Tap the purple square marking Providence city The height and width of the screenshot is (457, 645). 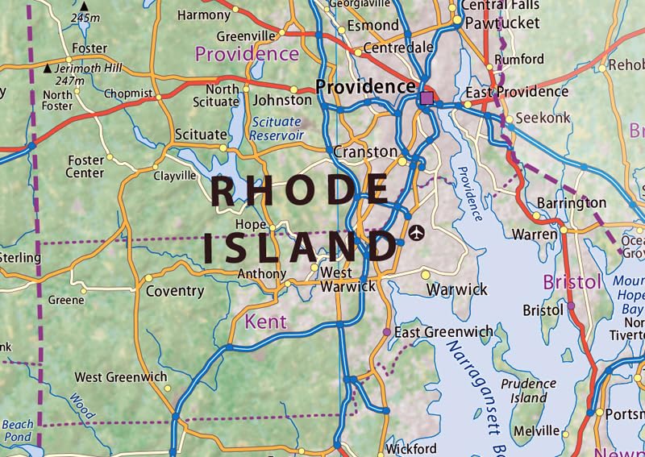pyautogui.click(x=427, y=98)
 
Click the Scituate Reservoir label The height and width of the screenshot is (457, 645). pyautogui.click(x=276, y=128)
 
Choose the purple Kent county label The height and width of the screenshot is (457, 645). pyautogui.click(x=265, y=322)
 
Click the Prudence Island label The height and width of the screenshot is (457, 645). pyautogui.click(x=523, y=391)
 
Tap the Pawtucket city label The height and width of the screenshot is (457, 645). pyautogui.click(x=502, y=23)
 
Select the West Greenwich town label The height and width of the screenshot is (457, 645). pyautogui.click(x=121, y=376)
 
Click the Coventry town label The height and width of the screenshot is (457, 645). pyautogui.click(x=174, y=291)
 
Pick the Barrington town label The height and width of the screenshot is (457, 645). pyautogui.click(x=571, y=202)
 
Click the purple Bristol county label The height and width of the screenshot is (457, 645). pyautogui.click(x=572, y=282)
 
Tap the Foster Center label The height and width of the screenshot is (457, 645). pyautogui.click(x=85, y=167)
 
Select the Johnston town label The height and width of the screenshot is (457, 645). pyautogui.click(x=282, y=101)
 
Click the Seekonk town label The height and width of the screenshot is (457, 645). pyautogui.click(x=543, y=118)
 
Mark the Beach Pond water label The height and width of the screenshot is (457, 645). pyautogui.click(x=18, y=430)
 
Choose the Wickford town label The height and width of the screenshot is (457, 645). pyautogui.click(x=411, y=448)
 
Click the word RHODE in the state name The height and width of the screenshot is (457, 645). pyautogui.click(x=300, y=191)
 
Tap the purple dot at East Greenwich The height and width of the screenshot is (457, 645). pyautogui.click(x=387, y=332)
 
